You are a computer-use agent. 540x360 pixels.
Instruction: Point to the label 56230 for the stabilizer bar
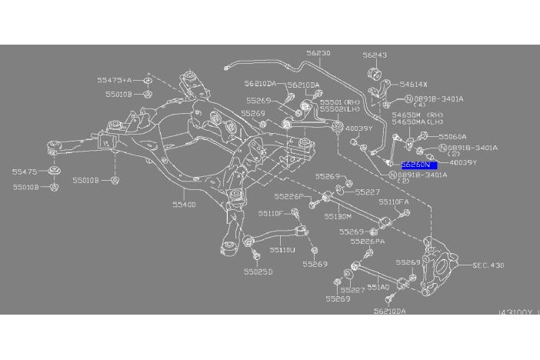pos(318,54)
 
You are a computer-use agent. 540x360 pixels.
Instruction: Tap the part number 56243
pos(375,55)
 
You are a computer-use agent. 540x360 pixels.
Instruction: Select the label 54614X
pos(413,84)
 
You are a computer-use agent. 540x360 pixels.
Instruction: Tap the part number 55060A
pos(452,137)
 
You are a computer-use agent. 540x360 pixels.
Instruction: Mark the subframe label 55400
pos(184,205)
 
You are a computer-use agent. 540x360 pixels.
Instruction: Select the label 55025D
pos(258,272)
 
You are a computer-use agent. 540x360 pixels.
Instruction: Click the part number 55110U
pos(282,249)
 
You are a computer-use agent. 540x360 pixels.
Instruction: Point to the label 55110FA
pos(398,202)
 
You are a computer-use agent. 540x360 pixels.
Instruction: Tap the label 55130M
pos(338,216)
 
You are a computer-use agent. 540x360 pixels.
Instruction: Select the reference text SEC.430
pos(488,265)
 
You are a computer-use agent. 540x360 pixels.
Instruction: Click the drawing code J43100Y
pos(518,312)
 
